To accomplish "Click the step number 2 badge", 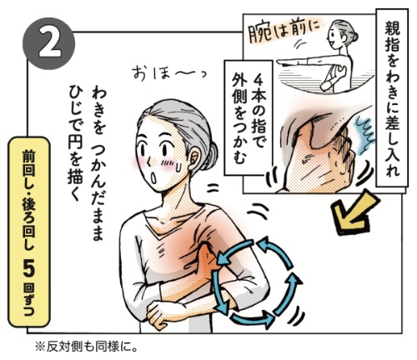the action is click(x=49, y=44).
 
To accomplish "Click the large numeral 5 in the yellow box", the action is click(x=29, y=268).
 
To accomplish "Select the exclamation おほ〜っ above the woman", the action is click(x=169, y=73).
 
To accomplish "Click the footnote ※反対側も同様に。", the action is click(x=86, y=347).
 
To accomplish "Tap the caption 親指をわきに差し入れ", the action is click(x=392, y=97).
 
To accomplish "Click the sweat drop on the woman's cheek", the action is click(x=178, y=167).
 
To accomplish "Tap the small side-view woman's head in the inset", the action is click(x=342, y=33).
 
